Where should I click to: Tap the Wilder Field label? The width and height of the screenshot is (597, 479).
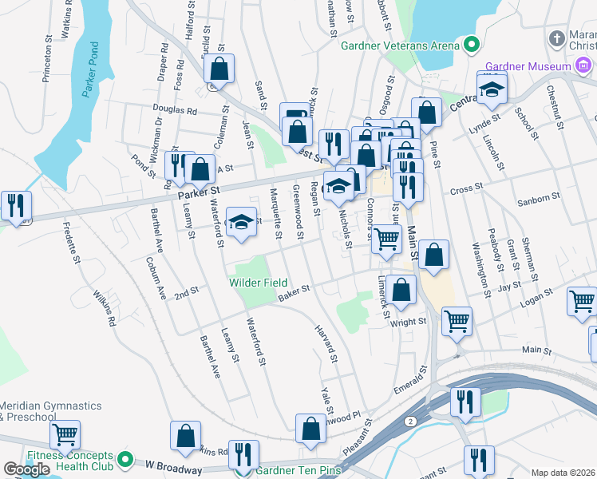(259, 282)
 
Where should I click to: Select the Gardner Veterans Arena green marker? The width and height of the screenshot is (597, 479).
(471, 45)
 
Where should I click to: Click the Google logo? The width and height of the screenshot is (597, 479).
(26, 469)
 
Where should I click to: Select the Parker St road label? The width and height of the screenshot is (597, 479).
(199, 192)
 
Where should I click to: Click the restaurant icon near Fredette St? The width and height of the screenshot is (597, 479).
(16, 206)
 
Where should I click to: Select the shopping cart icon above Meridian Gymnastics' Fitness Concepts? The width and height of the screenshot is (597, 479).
(65, 435)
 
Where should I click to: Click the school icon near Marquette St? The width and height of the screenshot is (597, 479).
(240, 223)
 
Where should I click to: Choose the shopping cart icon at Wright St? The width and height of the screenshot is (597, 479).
(457, 321)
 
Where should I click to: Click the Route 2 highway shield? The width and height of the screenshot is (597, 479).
(409, 421)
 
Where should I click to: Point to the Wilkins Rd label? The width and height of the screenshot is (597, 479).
(105, 308)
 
